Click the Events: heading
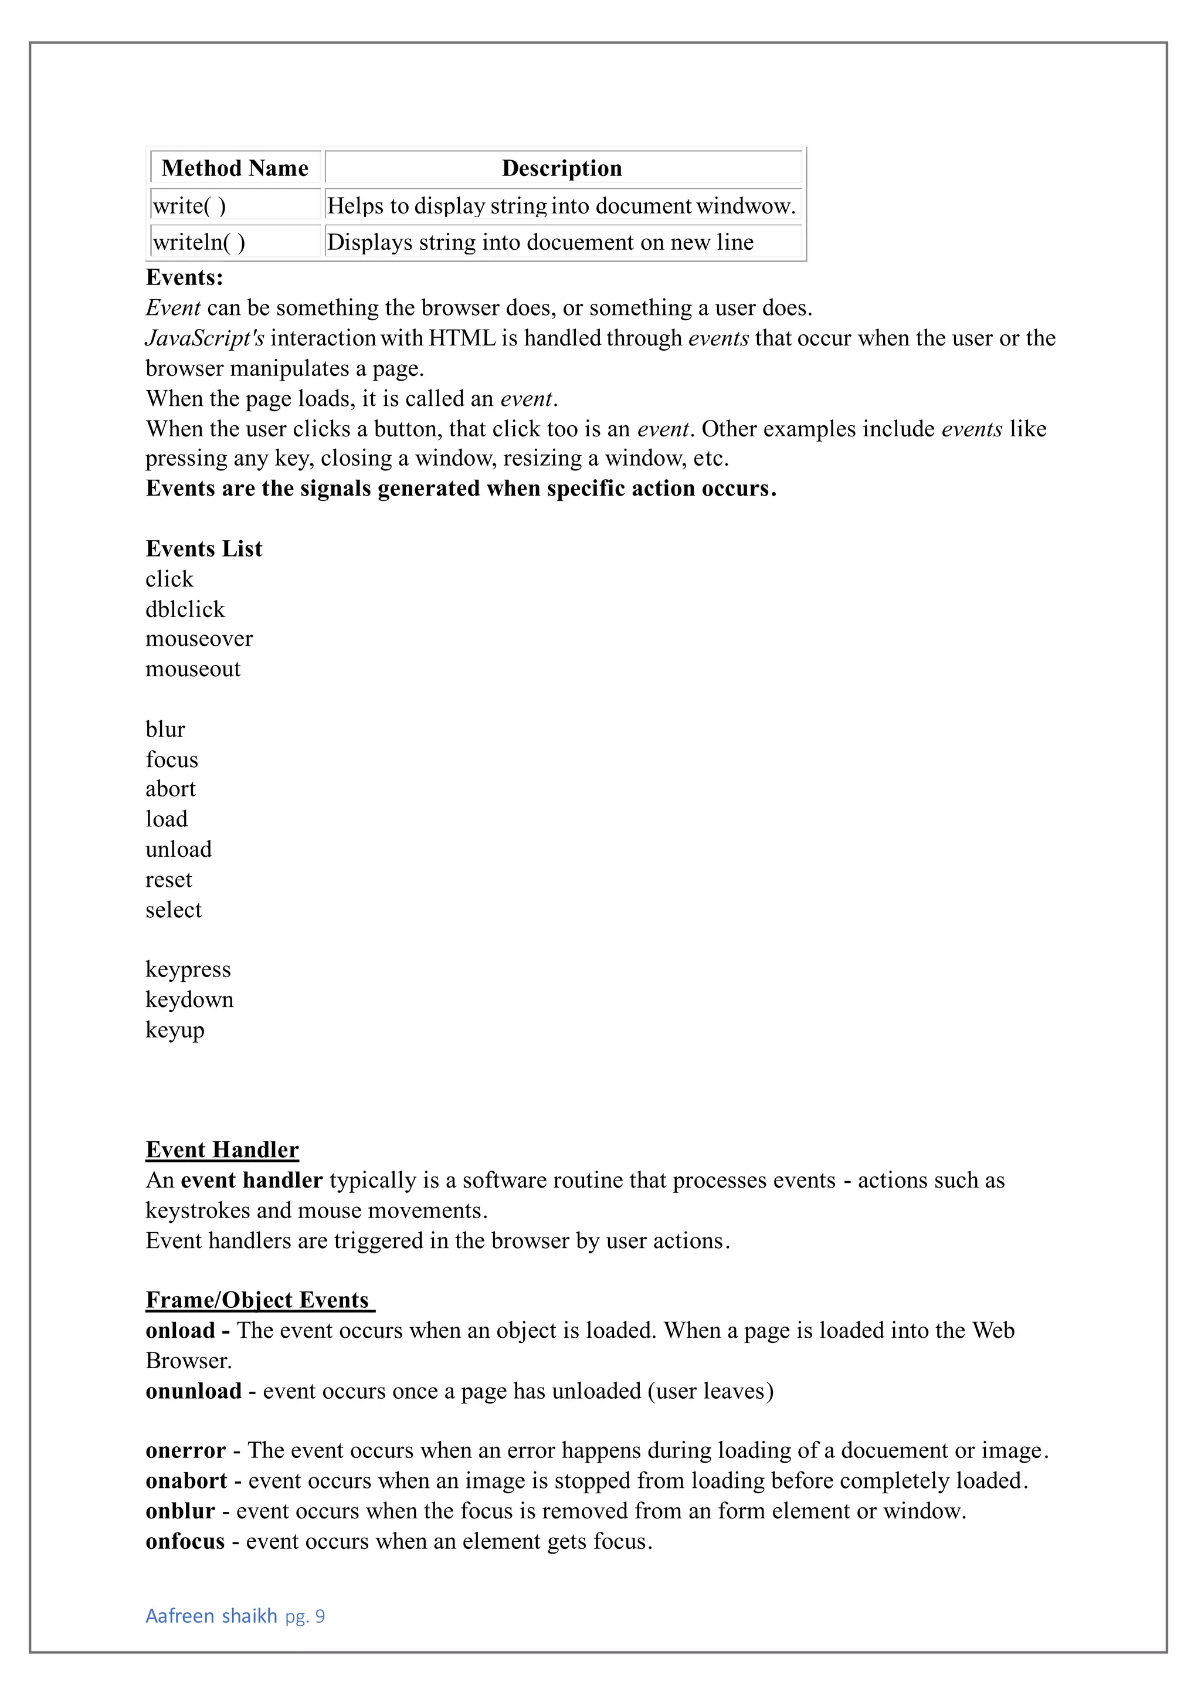pos(184,277)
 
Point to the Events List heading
pos(203,548)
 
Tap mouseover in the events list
pos(199,639)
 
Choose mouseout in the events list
pos(193,669)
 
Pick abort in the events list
pos(170,789)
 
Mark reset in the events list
pos(169,880)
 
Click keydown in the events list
pos(189,1000)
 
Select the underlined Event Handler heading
pos(222,1149)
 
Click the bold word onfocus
pos(185,1541)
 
